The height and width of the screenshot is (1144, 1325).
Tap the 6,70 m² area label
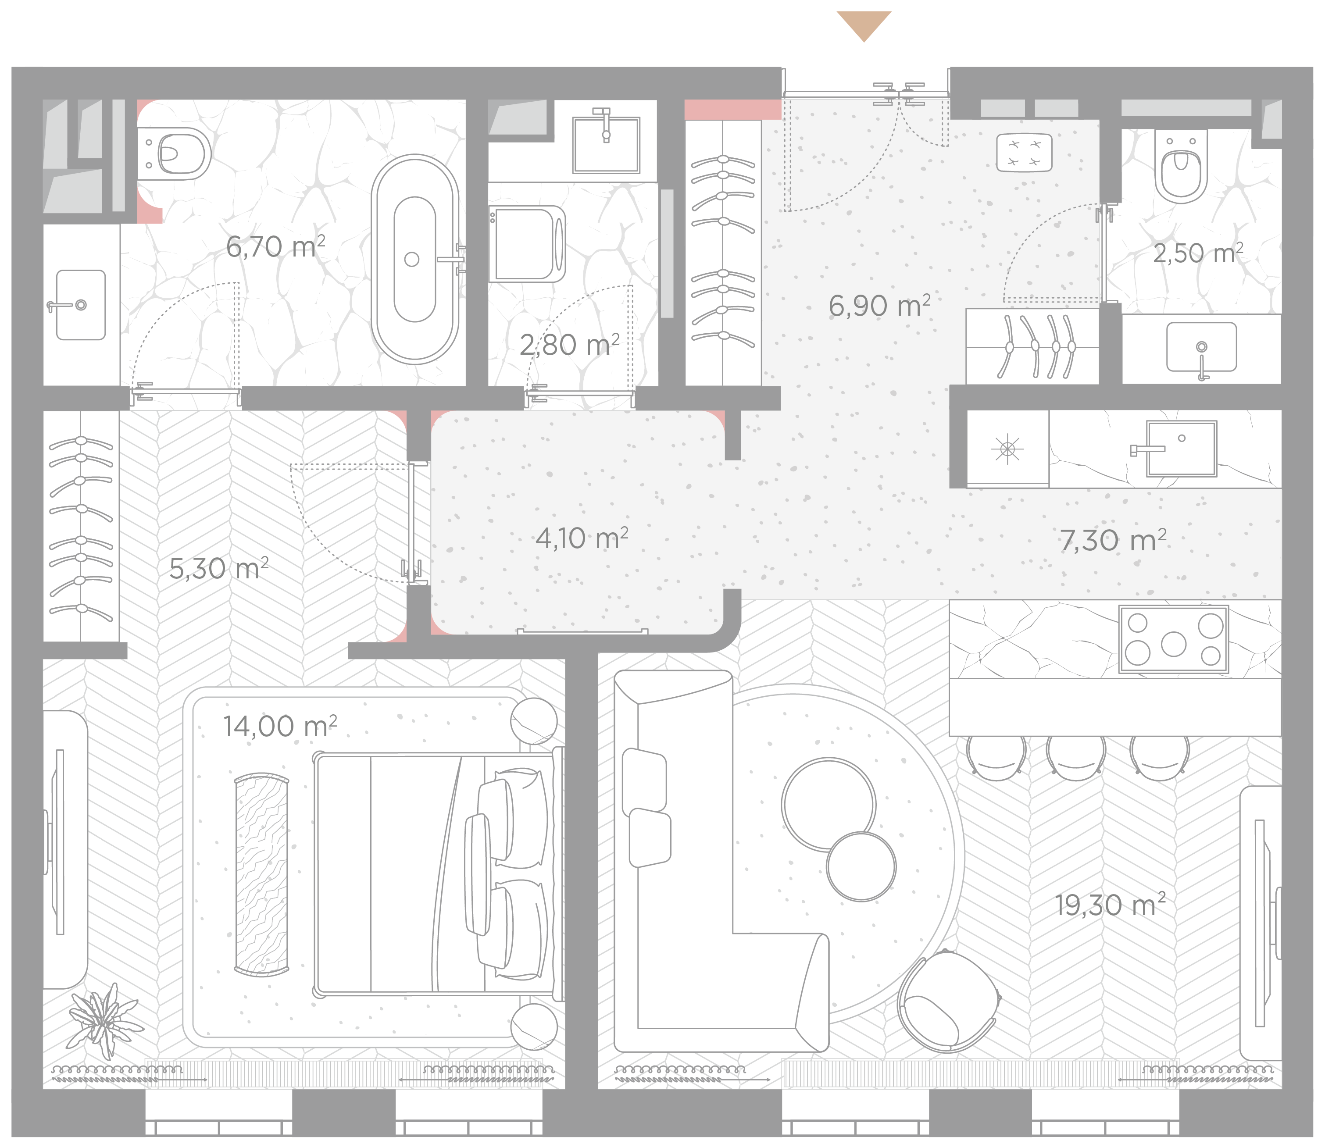[x=275, y=246]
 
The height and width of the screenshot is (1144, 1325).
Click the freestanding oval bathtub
[x=415, y=259]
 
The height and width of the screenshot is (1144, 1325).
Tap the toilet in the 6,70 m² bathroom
[x=174, y=153]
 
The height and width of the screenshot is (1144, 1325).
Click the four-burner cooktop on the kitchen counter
[x=1173, y=639]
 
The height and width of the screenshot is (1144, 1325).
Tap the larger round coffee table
[x=828, y=805]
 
